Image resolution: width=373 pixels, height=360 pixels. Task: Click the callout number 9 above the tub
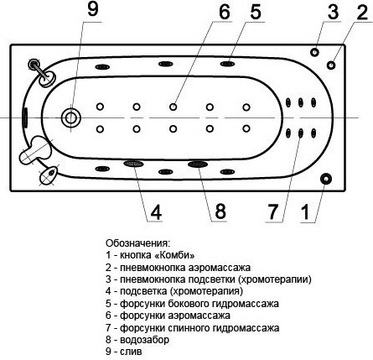point(93,10)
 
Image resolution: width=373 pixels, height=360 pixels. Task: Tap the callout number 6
point(224,12)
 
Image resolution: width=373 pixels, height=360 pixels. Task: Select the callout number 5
point(256,12)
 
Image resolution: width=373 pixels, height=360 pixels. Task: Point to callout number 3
point(333,12)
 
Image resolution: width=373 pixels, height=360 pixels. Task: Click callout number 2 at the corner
point(362,12)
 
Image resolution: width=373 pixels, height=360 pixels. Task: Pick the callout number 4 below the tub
point(156,212)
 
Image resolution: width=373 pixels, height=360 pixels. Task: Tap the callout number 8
point(220,211)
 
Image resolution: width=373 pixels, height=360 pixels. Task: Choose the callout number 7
point(273,211)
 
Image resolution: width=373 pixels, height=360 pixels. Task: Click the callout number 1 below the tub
point(306,212)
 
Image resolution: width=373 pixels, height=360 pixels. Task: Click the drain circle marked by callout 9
point(71,117)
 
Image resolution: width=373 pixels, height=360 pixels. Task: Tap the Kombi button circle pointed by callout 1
point(325,179)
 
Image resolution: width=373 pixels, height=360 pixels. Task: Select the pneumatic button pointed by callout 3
point(314,52)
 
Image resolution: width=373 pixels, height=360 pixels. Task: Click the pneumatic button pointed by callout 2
point(331,65)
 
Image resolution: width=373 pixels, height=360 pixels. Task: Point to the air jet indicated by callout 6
point(174,107)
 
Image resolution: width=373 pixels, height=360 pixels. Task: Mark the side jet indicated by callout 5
point(227,64)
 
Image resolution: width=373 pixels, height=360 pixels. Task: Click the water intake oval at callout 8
point(198,164)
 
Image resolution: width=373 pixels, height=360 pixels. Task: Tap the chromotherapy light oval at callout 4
point(133,164)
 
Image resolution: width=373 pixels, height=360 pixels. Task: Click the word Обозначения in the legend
point(137,243)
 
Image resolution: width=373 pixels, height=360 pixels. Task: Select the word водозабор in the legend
point(144,340)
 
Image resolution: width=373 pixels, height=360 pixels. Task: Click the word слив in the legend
point(131,352)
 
